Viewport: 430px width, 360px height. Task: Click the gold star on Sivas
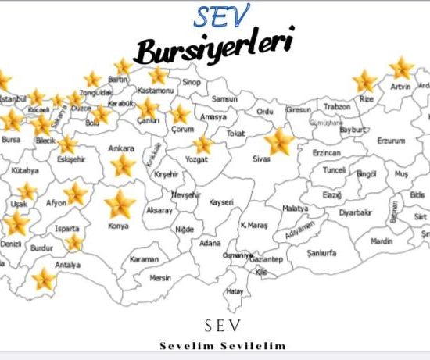pyautogui.click(x=279, y=143)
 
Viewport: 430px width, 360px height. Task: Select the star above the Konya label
pyautogui.click(x=120, y=205)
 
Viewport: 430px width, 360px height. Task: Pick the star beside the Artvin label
pyautogui.click(x=401, y=68)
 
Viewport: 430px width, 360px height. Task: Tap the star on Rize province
pyautogui.click(x=364, y=80)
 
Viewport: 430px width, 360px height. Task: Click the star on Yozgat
pyautogui.click(x=203, y=144)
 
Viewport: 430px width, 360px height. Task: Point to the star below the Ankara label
pyautogui.click(x=123, y=165)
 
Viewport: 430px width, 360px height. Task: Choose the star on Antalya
pyautogui.click(x=43, y=279)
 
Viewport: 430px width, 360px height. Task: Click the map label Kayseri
pyautogui.click(x=221, y=202)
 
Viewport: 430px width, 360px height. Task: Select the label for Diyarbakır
pyautogui.click(x=356, y=212)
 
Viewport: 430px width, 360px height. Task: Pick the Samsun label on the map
pyautogui.click(x=224, y=99)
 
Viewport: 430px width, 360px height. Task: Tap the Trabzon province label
pyautogui.click(x=337, y=106)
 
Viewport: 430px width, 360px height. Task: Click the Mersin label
pyautogui.click(x=160, y=276)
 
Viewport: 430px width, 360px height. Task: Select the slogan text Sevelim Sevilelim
pyautogui.click(x=223, y=345)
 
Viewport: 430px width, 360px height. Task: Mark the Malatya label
pyautogui.click(x=296, y=209)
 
